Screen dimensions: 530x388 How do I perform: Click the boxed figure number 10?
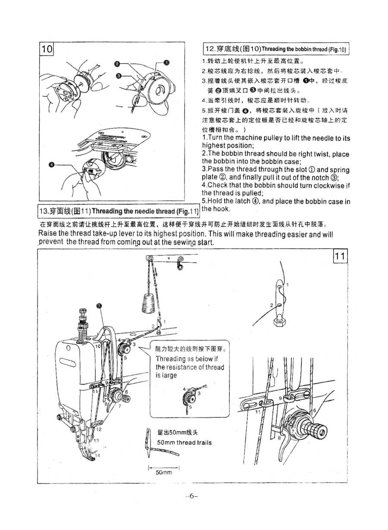click(47, 49)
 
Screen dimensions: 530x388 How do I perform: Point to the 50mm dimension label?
click(163, 472)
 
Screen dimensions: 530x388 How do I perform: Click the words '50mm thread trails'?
click(184, 443)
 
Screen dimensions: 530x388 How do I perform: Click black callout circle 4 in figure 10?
click(52, 164)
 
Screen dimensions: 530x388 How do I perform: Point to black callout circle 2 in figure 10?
click(117, 64)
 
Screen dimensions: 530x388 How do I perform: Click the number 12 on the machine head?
click(99, 429)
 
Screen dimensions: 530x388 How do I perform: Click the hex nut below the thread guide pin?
click(280, 320)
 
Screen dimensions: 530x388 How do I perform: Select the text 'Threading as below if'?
click(187, 359)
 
